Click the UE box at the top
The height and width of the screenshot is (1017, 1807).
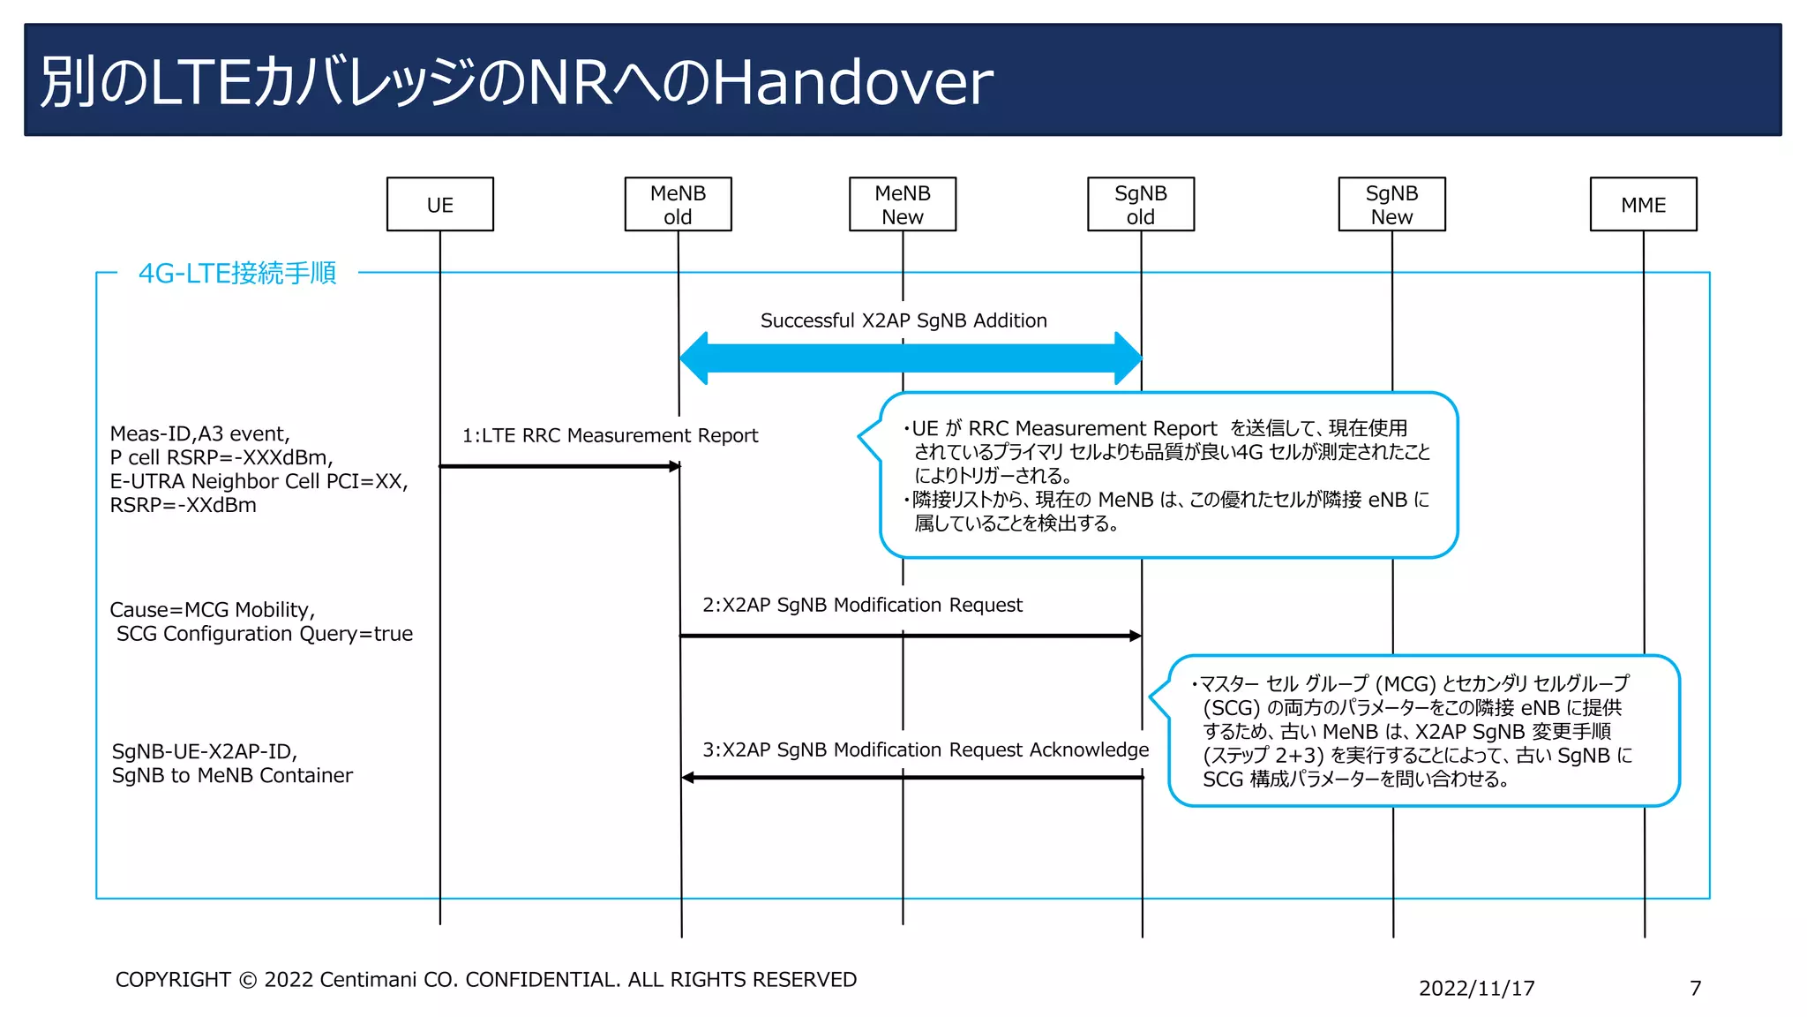coord(439,205)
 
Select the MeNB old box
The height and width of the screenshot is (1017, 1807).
coord(678,205)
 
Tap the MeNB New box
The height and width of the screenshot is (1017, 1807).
coord(902,205)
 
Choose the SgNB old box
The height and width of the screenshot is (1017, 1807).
coord(1140,205)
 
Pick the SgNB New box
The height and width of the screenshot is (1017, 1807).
coord(1391,205)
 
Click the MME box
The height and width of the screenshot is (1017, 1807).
coord(1643,205)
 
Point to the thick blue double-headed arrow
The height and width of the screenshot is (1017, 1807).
coord(911,358)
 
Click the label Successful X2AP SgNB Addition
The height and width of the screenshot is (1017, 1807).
coord(903,320)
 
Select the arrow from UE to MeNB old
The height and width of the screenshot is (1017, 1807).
coord(559,466)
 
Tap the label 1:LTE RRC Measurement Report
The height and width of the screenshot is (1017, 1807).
coord(610,435)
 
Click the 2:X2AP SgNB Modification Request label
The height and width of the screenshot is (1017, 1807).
coord(862,605)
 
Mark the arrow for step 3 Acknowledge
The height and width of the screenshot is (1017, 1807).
coord(912,778)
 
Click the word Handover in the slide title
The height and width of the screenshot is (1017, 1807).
coord(852,82)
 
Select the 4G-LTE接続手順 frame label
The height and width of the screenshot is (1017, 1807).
coord(237,273)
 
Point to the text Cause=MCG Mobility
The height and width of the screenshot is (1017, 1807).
coord(212,610)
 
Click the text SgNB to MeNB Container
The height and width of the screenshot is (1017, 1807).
coord(232,775)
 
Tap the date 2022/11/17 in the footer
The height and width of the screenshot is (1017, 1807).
coord(1476,988)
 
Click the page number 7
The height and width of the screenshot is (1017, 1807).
coord(1695,988)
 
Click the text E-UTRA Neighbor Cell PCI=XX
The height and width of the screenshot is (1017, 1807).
coord(259,481)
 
